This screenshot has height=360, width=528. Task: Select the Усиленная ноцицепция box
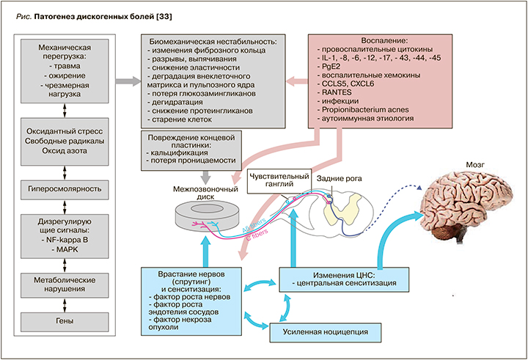tap(326, 332)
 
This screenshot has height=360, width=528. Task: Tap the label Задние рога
tap(335, 177)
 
